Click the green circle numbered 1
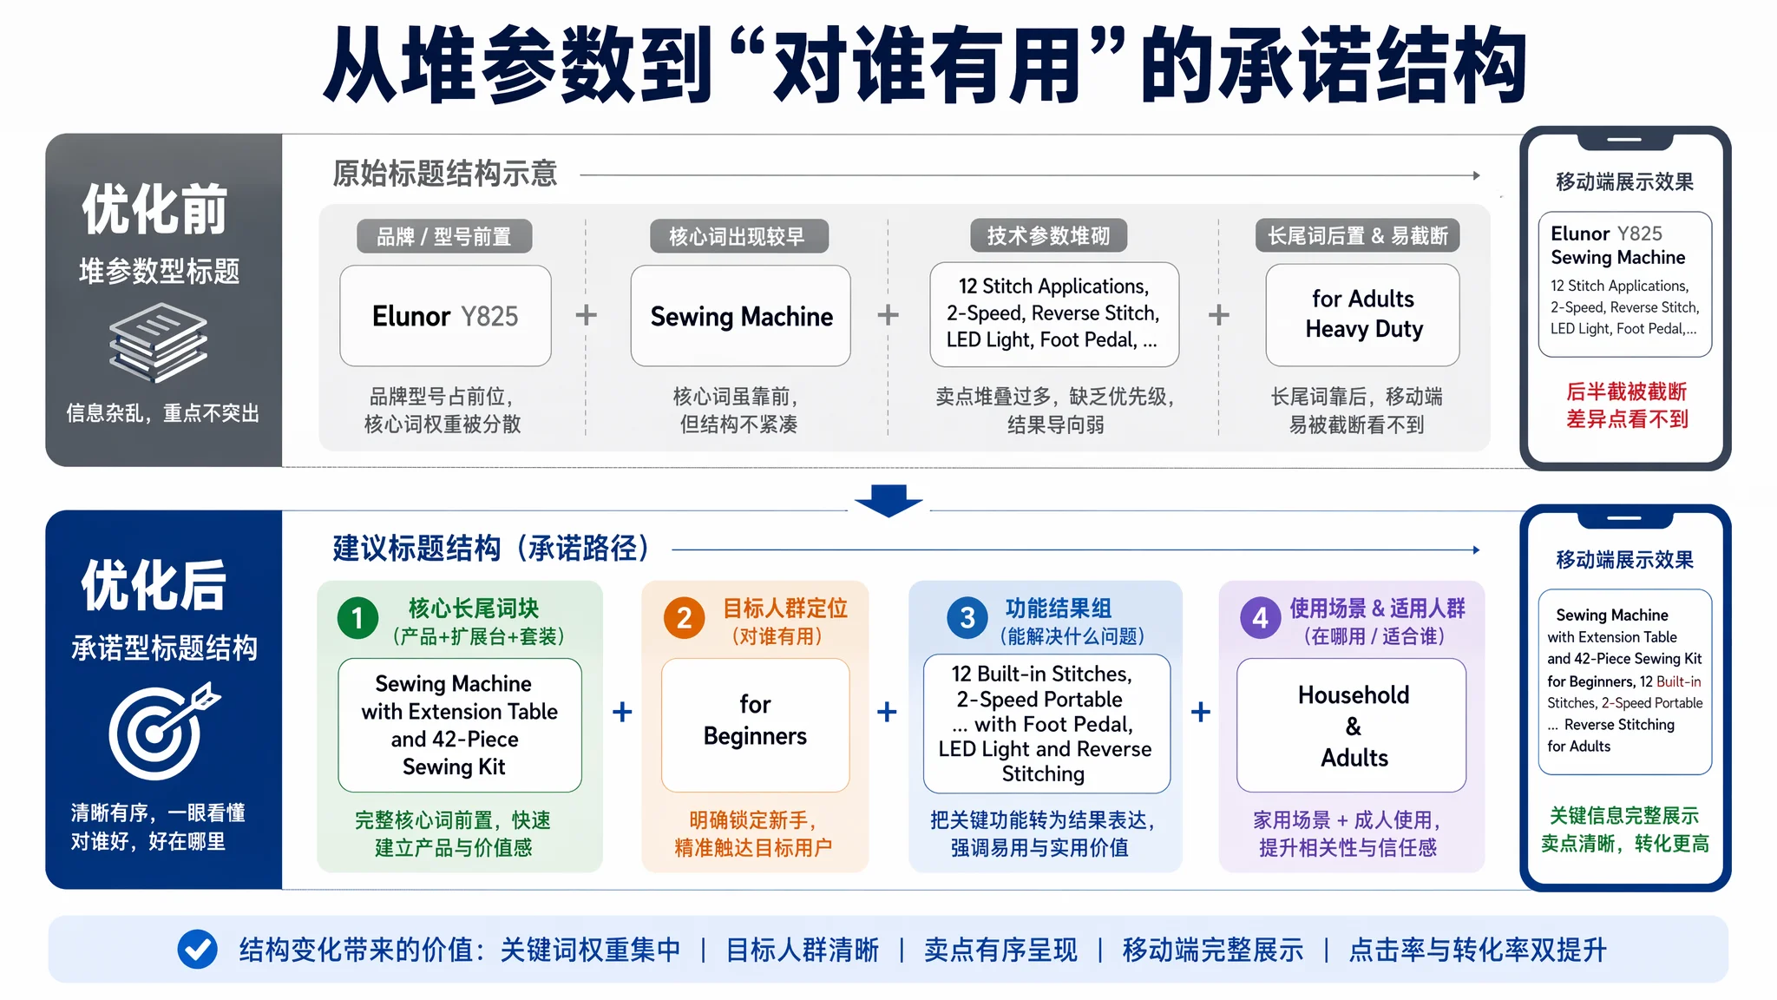tap(357, 618)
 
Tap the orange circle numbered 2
tap(684, 618)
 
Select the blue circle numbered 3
tap(967, 618)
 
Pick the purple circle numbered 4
tap(1260, 618)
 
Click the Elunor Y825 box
tap(445, 316)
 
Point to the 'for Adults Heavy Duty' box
tap(1362, 314)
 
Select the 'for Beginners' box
tap(755, 725)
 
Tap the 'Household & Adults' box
tap(1352, 725)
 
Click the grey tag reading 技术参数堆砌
tap(1048, 235)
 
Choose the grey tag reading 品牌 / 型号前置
tap(444, 236)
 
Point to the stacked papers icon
tap(159, 343)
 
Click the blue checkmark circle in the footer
tap(197, 949)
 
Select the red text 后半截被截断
tap(1626, 391)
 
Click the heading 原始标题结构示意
tap(445, 174)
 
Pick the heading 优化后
tap(154, 585)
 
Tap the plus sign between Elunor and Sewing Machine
tap(587, 314)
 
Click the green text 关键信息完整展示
tap(1624, 815)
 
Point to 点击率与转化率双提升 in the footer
tap(1478, 950)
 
